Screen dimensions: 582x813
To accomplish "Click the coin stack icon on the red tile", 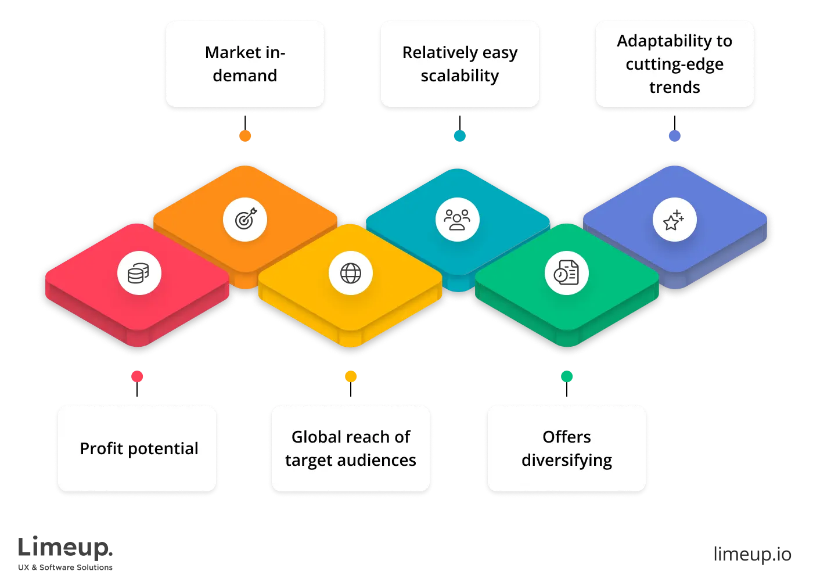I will [139, 273].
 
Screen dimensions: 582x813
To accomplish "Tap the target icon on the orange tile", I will [245, 220].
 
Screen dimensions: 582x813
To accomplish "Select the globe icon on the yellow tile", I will [350, 273].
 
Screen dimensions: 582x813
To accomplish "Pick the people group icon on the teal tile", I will [457, 220].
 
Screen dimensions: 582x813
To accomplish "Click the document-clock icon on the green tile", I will [566, 273].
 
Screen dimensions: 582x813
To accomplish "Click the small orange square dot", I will [245, 136].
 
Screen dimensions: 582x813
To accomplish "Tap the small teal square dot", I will [459, 136].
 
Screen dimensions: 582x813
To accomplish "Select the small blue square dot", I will [675, 136].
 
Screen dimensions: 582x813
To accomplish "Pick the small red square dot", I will [137, 376].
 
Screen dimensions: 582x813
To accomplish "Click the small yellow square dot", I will [351, 376].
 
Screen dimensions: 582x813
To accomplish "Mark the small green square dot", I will [567, 376].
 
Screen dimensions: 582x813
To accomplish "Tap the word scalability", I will [459, 76].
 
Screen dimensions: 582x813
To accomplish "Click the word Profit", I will [102, 448].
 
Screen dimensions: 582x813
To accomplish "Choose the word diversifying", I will [566, 461].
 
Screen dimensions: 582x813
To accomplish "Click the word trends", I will [674, 88].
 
